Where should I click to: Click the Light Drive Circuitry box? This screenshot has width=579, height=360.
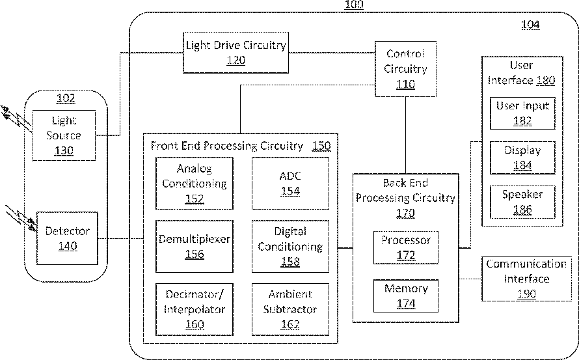236,53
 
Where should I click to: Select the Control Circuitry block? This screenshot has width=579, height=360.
405,69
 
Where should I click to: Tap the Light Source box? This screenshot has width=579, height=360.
64,135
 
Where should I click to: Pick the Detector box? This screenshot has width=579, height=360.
67,238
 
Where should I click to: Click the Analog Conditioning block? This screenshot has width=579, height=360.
195,184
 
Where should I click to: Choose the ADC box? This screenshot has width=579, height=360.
290,184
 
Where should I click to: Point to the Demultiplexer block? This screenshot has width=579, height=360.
195,246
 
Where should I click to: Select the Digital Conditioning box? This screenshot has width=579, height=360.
290,246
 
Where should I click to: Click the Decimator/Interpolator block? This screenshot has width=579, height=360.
195,309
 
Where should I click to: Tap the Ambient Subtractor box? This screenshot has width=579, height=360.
290,309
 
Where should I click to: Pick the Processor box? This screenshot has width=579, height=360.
406,247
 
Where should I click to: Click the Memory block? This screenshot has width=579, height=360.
406,296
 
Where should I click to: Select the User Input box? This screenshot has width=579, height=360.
522,113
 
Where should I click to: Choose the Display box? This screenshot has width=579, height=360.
522,158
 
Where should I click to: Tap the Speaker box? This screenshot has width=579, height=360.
522,202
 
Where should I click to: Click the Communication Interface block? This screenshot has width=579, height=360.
526,279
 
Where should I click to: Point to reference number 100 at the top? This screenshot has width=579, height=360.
354,5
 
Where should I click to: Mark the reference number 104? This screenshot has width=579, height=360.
530,24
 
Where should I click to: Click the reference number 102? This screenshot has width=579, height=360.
66,98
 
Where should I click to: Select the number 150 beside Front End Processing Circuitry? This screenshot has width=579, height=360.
321,146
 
